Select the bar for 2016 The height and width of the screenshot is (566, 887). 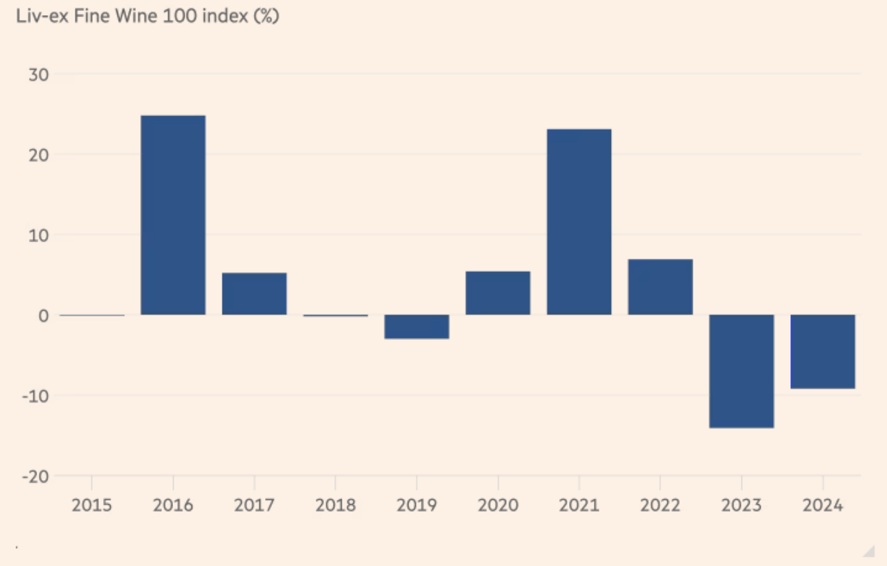(x=173, y=215)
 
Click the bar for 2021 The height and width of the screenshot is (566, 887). (x=579, y=222)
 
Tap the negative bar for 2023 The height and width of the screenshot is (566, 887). (x=741, y=371)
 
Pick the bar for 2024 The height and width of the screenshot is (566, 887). (x=822, y=352)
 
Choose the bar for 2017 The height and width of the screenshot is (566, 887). (x=254, y=294)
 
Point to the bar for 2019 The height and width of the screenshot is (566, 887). (x=417, y=327)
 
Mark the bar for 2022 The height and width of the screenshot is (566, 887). (x=660, y=287)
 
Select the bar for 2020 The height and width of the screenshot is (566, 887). (x=498, y=293)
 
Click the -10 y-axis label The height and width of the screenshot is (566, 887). (x=37, y=396)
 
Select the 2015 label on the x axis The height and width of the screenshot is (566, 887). (x=91, y=506)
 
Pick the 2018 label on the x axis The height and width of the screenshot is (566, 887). (x=335, y=506)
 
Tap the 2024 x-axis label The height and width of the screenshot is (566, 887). (x=822, y=506)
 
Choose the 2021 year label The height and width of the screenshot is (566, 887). (x=579, y=506)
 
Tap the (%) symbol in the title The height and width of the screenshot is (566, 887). (x=266, y=17)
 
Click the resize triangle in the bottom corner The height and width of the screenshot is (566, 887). (x=869, y=550)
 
